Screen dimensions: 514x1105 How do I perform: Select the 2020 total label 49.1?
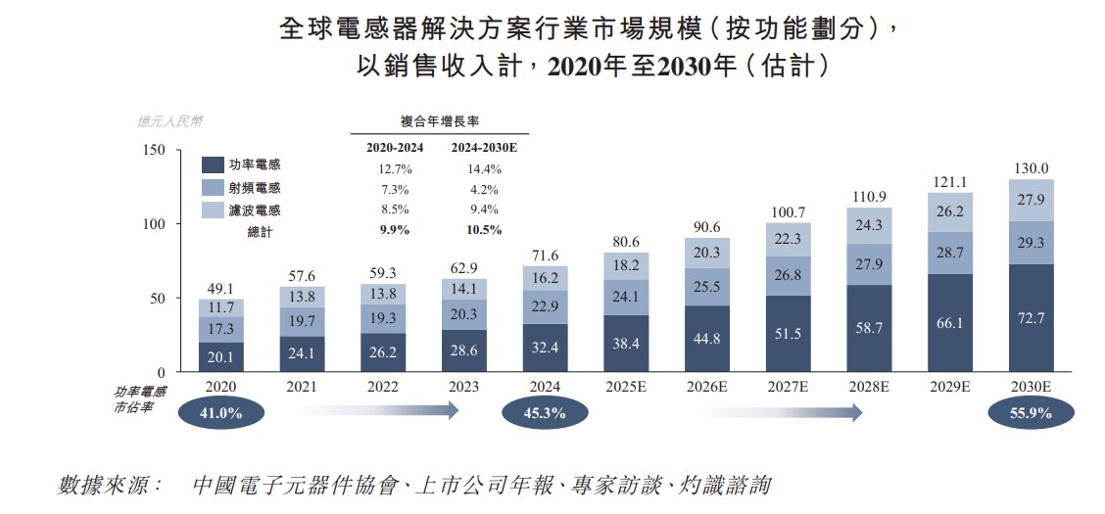[x=221, y=288]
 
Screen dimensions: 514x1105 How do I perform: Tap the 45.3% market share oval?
[x=545, y=413]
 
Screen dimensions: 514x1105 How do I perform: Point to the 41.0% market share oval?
[x=220, y=413]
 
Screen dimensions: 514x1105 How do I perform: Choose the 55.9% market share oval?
[x=1031, y=413]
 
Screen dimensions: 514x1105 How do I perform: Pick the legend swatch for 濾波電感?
[x=213, y=210]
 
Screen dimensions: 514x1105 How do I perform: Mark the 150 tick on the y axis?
[x=154, y=150]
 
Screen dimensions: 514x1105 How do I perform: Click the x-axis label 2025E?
[x=626, y=388]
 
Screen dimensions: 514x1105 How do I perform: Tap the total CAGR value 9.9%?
[x=390, y=230]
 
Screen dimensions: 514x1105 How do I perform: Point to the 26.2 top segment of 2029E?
[x=949, y=211]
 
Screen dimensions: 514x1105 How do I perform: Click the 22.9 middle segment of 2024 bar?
[x=545, y=306]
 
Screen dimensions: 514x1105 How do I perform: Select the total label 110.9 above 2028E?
[x=869, y=197]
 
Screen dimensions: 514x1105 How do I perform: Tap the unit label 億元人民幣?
[x=170, y=122]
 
